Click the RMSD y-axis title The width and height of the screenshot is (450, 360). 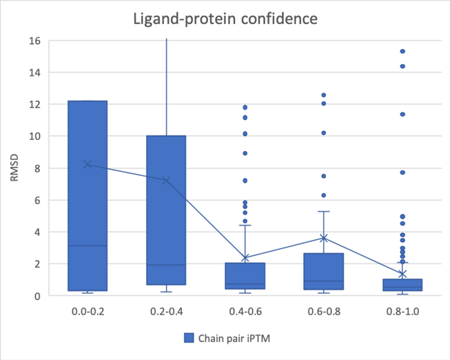point(16,168)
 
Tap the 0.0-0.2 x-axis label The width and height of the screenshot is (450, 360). point(88,312)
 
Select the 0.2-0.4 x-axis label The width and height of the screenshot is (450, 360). point(166,312)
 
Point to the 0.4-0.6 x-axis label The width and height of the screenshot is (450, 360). point(245,312)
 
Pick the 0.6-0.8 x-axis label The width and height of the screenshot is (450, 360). point(323,312)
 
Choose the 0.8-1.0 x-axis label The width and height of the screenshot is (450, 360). point(402,312)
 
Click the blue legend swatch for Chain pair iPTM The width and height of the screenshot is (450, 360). point(188,338)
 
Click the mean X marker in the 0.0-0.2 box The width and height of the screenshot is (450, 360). point(88,164)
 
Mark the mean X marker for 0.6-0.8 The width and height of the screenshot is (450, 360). point(323,238)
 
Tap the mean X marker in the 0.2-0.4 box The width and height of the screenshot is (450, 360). point(166,181)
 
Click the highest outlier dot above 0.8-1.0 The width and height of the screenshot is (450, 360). point(402,52)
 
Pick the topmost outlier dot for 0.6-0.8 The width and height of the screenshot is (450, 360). point(323,95)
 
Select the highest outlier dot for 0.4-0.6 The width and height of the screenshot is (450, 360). point(245,108)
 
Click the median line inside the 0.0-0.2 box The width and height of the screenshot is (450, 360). point(88,246)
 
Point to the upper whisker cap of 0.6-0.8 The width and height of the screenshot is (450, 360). point(323,211)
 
